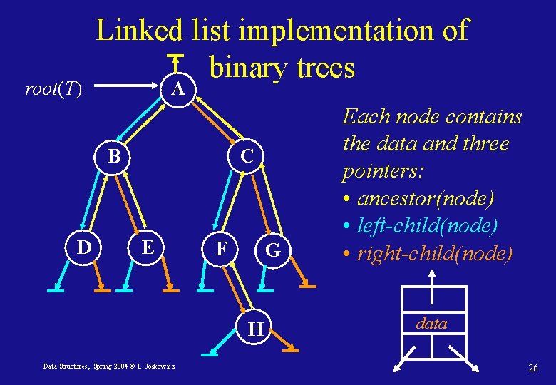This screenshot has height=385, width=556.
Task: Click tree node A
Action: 179,88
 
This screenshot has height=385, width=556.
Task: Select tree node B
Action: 113,156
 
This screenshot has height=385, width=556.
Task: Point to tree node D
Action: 84,247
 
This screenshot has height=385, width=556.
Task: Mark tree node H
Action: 255,329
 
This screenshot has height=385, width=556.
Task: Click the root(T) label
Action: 53,89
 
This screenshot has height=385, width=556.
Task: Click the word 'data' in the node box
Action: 431,323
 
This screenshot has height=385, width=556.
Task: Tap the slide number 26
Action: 532,368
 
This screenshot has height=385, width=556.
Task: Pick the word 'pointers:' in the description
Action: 376,171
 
